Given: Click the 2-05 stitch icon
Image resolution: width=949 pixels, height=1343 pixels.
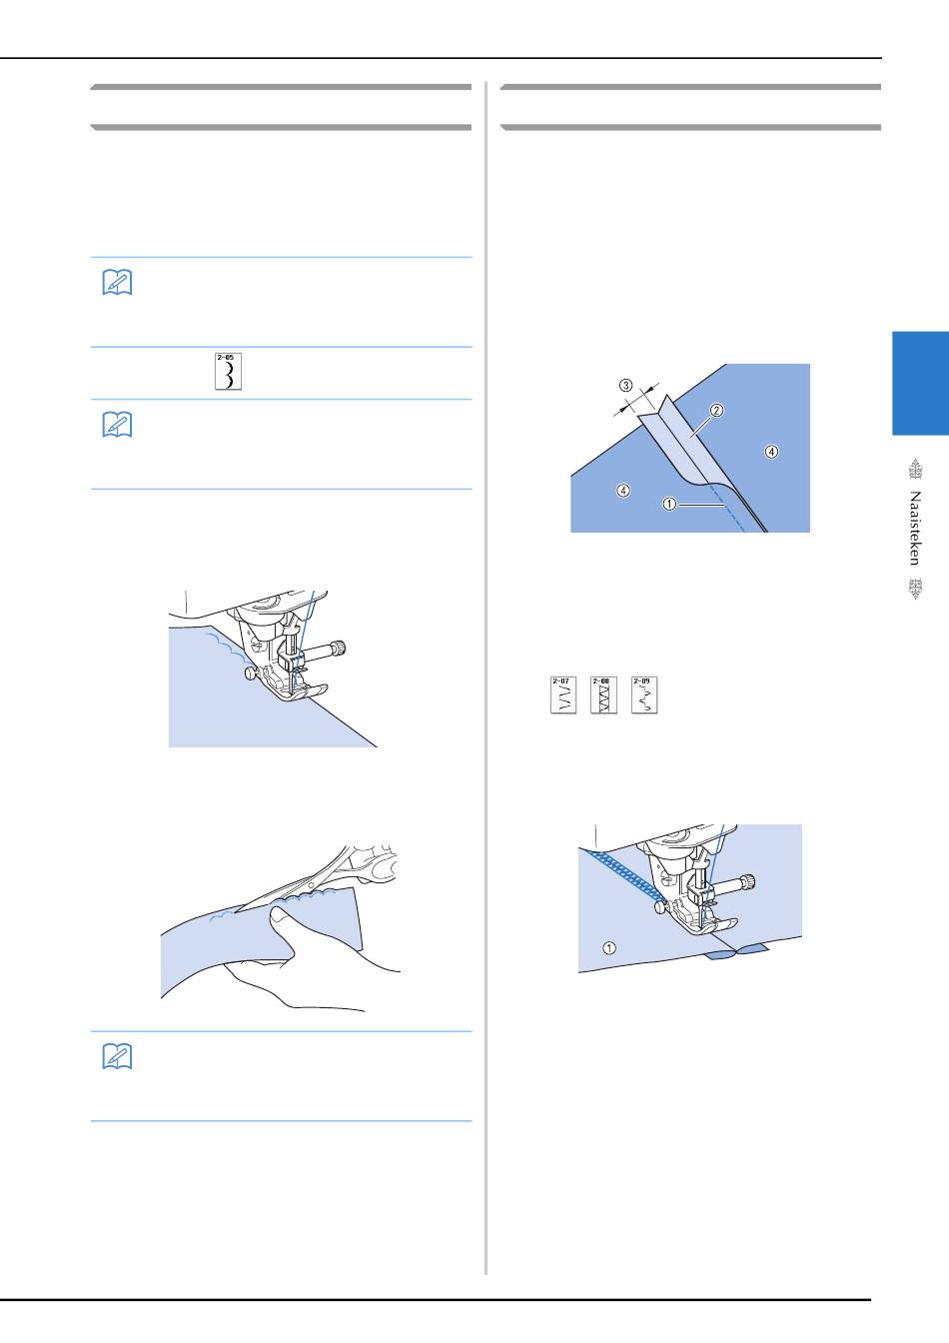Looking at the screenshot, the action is pos(229,371).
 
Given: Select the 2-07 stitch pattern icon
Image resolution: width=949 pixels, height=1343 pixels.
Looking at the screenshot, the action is pos(563,694).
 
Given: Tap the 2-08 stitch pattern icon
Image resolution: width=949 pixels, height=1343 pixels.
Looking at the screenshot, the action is pos(603,694).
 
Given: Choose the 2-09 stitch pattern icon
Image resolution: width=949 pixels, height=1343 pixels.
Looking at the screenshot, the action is pos(644,694).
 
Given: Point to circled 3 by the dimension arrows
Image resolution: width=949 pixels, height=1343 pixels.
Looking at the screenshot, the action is pos(626,385).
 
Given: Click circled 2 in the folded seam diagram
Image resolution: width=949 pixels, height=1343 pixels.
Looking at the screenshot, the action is pos(716,410).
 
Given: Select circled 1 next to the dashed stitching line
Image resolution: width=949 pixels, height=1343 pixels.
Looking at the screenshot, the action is pos(669,505).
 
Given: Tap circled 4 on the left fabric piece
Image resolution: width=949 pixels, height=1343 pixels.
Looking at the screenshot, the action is pos(623,491).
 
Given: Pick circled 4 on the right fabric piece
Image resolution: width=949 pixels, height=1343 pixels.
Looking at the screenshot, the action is pos(771,452).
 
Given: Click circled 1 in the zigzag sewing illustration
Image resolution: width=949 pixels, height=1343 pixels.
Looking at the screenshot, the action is pos(609,948).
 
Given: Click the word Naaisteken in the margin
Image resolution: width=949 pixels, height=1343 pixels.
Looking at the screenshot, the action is pos(915,529).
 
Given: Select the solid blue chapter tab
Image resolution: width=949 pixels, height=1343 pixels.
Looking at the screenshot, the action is pos(920,383).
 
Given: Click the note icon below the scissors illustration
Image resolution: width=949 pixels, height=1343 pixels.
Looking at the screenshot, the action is pos(117,1056).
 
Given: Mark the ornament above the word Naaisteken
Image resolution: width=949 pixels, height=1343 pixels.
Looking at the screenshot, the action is pos(915,469).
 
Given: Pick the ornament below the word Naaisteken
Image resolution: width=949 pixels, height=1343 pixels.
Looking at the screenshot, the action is pos(915,589).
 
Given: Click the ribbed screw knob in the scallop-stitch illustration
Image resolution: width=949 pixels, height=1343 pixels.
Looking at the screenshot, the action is pos(340,649).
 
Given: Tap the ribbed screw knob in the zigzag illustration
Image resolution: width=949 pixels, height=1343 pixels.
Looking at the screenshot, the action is pos(749,882).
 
